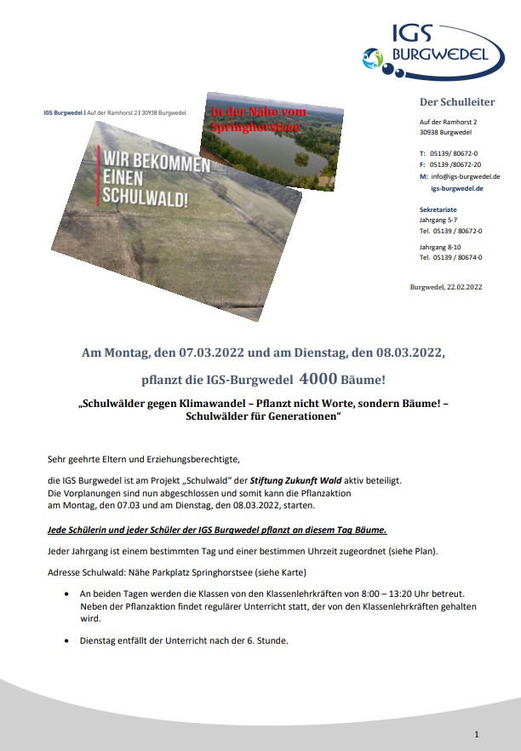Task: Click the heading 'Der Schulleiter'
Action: coord(457,102)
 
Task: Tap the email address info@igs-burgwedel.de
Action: coord(465,176)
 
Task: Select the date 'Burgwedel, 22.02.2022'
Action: coord(445,287)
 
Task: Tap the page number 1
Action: coord(477,733)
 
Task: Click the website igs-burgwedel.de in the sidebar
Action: coord(456,188)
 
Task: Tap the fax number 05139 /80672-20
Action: coord(455,164)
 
